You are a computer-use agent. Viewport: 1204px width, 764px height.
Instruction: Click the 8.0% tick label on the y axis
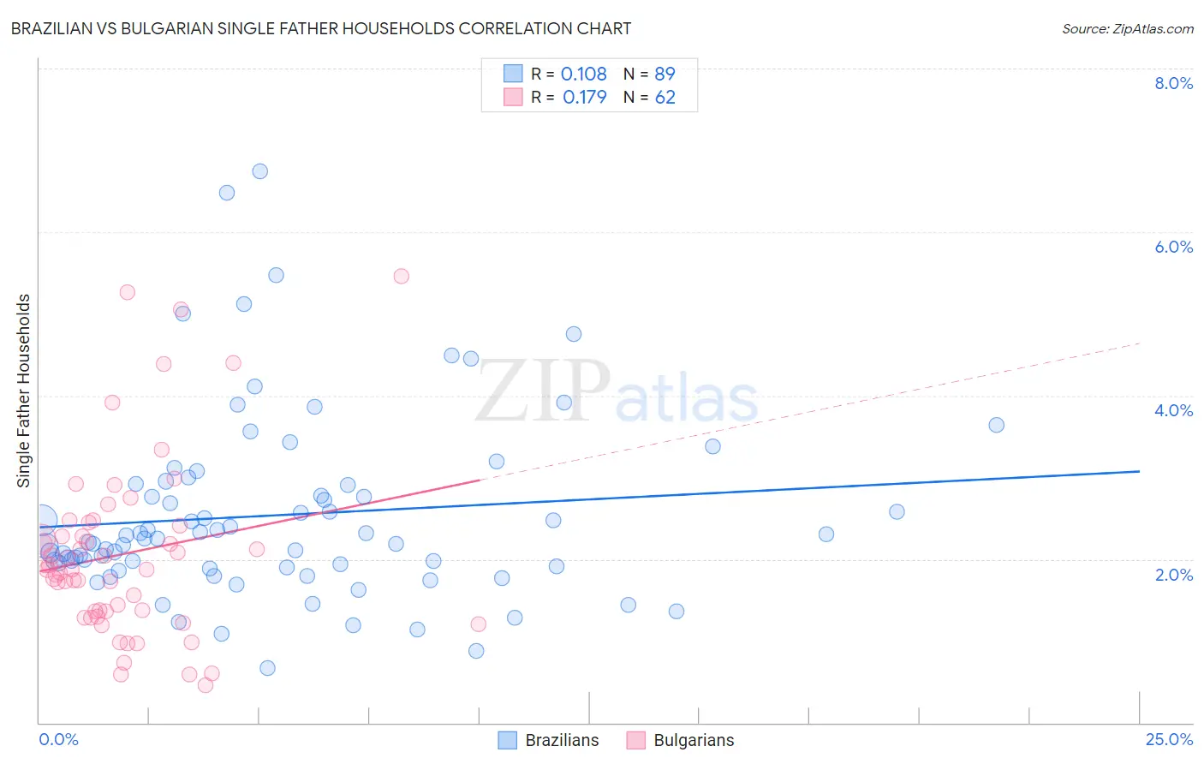(x=1173, y=83)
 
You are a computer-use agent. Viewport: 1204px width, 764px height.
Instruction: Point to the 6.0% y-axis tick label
(x=1173, y=247)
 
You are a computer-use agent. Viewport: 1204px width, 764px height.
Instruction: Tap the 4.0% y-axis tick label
(x=1173, y=410)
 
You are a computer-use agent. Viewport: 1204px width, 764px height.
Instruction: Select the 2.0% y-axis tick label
(x=1173, y=575)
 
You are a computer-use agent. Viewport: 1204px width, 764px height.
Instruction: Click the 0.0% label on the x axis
(x=58, y=739)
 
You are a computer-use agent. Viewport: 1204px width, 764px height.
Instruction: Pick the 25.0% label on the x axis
(x=1169, y=739)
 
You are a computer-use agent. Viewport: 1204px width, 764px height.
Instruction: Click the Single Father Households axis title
(x=23, y=391)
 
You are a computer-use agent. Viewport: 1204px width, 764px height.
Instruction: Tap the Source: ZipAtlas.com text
(x=1127, y=28)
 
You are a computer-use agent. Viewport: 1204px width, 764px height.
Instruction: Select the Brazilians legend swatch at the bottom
(x=508, y=740)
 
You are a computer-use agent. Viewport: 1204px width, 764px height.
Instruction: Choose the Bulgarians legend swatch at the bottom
(x=635, y=740)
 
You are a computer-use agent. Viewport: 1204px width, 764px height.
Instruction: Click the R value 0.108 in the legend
(x=583, y=75)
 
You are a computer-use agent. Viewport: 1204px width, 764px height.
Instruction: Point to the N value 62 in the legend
(x=665, y=98)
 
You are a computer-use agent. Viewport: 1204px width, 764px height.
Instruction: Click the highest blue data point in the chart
(x=259, y=171)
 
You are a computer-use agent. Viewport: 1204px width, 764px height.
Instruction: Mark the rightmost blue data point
(x=996, y=425)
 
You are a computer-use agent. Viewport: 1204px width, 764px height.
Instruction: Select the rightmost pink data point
(x=478, y=624)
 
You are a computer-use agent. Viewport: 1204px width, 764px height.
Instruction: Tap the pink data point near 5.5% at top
(x=401, y=276)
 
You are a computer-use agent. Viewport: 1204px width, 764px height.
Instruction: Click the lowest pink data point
(x=206, y=685)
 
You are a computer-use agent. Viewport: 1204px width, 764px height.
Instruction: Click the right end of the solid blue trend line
(x=1139, y=471)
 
